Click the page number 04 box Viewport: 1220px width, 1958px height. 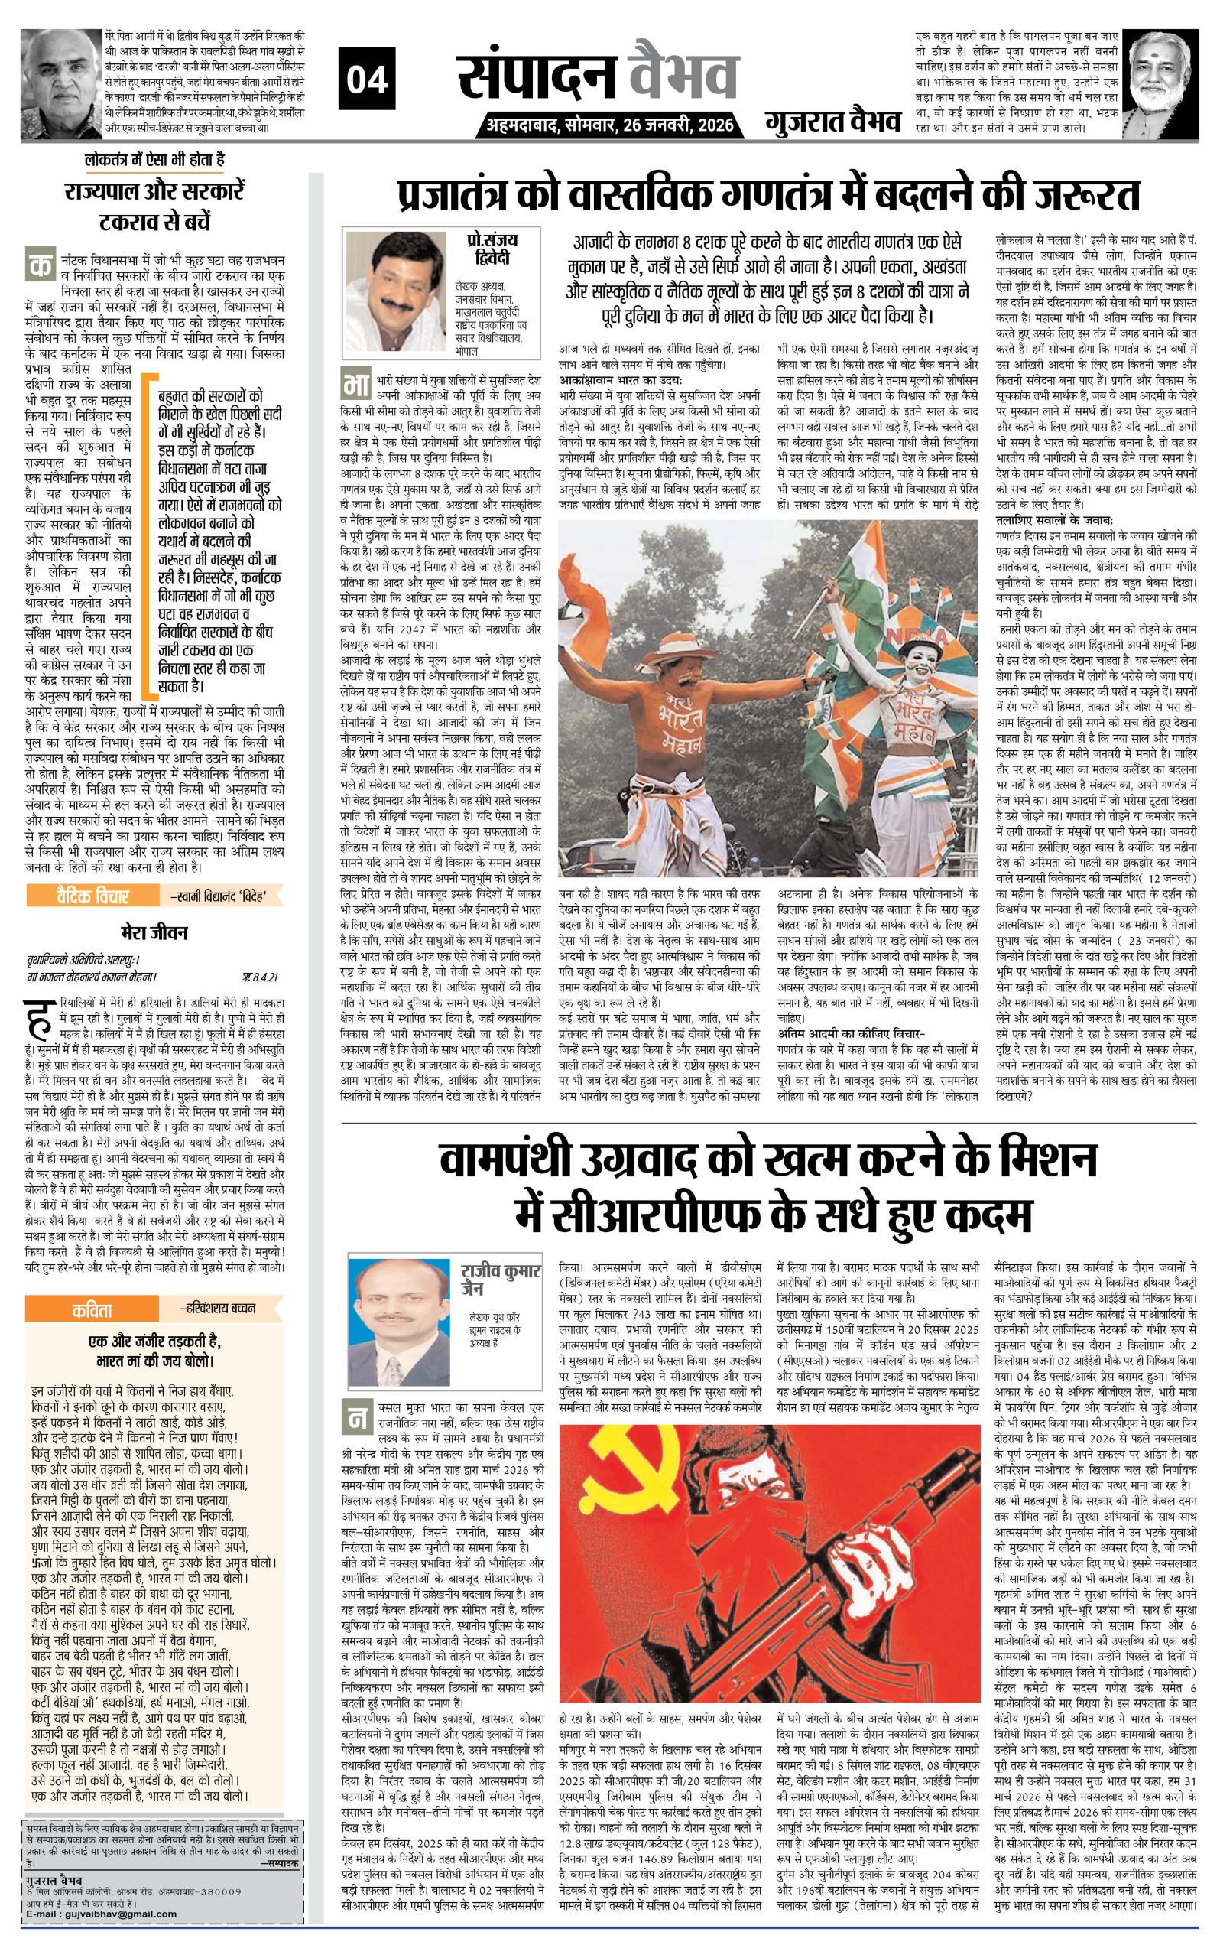[x=366, y=79]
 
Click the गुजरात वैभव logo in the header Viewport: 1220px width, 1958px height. [x=832, y=122]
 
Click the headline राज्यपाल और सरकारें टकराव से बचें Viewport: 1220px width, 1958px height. [x=154, y=206]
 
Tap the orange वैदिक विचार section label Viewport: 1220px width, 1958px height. [x=92, y=895]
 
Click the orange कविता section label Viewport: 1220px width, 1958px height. [x=92, y=1309]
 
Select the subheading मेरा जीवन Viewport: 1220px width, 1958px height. [x=154, y=932]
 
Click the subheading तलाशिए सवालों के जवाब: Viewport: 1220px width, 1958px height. [x=1054, y=521]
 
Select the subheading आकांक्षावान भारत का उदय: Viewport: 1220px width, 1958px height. [x=621, y=380]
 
